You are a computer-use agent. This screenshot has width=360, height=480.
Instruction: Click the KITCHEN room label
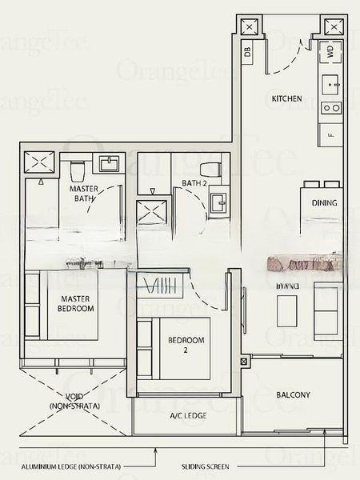pos(286,98)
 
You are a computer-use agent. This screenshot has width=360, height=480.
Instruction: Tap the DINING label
pos(325,203)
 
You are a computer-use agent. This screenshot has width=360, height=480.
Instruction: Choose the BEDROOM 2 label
pos(186,346)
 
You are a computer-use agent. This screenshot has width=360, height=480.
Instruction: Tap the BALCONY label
pos(293,395)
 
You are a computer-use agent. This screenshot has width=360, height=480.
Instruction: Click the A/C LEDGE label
pos(186,416)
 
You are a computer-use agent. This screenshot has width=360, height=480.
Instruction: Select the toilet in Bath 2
pos(210,170)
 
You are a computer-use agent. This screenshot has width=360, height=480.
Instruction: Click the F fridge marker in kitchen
pos(330,134)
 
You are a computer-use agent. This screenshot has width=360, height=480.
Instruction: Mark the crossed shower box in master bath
pos(38,162)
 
